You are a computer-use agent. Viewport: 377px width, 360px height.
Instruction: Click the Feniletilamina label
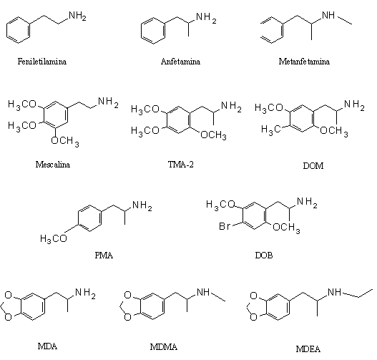coord(42,62)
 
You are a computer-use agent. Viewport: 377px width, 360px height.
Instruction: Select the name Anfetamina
coord(180,62)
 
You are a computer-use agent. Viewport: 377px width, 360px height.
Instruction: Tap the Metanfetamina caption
coord(304,62)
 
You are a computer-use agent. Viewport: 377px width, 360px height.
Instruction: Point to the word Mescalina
coord(53,165)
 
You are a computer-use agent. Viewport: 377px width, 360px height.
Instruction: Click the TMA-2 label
coord(181,165)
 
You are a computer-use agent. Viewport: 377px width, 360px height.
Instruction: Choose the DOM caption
coord(313,166)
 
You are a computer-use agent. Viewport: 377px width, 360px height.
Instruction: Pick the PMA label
coord(104,256)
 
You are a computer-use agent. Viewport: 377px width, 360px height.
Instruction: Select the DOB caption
coord(264,256)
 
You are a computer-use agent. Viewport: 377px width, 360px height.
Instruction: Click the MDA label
coord(48,346)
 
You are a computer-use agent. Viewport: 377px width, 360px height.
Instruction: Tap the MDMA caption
coord(164,347)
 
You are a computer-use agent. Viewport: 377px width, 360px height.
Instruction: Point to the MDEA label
coord(308,349)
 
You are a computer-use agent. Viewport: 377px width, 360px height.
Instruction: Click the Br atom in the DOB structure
coord(225,226)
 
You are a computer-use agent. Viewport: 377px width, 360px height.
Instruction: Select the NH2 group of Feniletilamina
coord(77,16)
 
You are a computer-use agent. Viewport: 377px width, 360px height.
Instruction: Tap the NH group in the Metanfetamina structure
coord(328,15)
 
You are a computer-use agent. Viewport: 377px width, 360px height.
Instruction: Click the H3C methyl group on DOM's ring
coord(271,130)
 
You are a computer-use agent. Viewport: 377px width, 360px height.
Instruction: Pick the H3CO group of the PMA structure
coord(54,239)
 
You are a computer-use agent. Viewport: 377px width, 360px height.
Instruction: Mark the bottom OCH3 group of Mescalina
coord(65,142)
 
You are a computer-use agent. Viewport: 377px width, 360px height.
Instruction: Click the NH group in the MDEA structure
coord(335,292)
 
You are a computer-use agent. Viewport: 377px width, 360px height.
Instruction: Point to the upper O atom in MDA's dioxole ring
coord(9,295)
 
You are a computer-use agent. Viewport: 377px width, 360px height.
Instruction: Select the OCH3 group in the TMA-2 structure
coord(213,135)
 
